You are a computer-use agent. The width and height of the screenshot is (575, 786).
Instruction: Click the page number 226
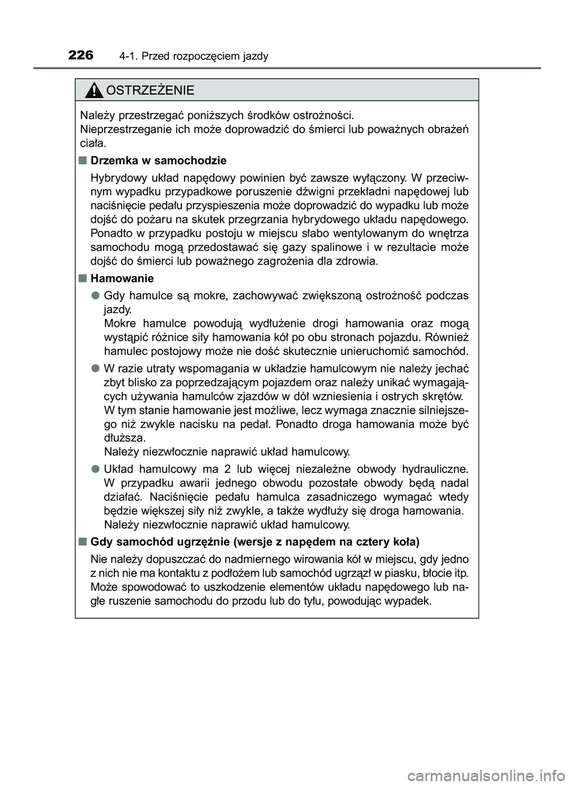pyautogui.click(x=81, y=56)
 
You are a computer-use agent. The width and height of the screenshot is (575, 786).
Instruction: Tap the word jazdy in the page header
pyautogui.click(x=256, y=57)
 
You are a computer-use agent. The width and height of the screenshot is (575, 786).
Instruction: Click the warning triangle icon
pyautogui.click(x=94, y=91)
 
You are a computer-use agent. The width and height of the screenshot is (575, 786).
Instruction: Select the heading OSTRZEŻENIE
pyautogui.click(x=150, y=91)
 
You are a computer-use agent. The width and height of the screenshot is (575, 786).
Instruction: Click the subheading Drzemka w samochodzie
pyautogui.click(x=158, y=160)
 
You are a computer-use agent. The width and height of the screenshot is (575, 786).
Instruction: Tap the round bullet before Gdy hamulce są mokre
pyautogui.click(x=95, y=296)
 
